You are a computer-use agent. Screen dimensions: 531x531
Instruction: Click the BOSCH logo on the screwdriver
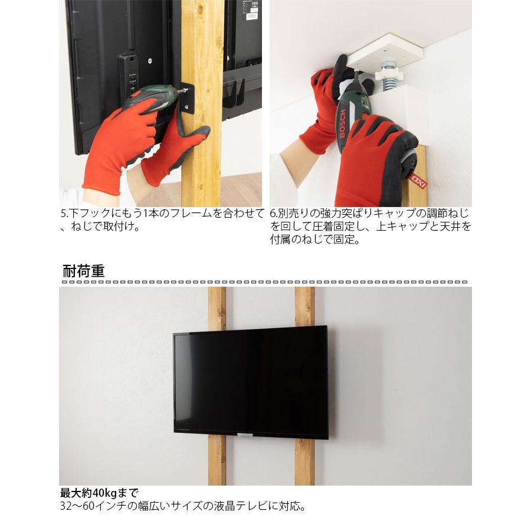pyautogui.click(x=343, y=123)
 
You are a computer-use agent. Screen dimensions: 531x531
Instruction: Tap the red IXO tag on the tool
pyautogui.click(x=418, y=180)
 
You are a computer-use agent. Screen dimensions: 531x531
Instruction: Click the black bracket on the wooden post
pyautogui.click(x=187, y=97)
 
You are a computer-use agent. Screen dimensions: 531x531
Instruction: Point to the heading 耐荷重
pyautogui.click(x=83, y=271)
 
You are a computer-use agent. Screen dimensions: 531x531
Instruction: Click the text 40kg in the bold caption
pyautogui.click(x=103, y=493)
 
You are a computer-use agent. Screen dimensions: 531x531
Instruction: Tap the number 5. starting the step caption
pyautogui.click(x=64, y=213)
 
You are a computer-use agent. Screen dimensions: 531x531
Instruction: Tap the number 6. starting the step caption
pyautogui.click(x=274, y=213)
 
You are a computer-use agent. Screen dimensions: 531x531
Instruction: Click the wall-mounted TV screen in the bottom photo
pyautogui.click(x=251, y=382)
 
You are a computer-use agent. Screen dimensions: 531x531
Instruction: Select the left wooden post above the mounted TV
pyautogui.click(x=217, y=309)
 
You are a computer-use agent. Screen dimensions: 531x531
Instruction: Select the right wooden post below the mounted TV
pyautogui.click(x=304, y=461)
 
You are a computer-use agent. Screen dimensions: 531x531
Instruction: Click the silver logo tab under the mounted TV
pyautogui.click(x=244, y=435)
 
